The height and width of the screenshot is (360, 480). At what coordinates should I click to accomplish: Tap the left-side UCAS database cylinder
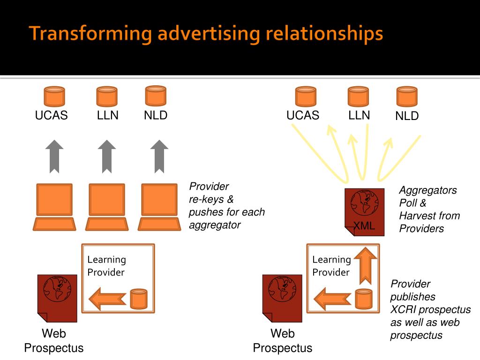[x=54, y=96]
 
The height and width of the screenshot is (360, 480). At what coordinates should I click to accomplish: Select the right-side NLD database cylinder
[x=407, y=96]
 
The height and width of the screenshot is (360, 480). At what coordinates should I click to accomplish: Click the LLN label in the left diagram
[x=107, y=115]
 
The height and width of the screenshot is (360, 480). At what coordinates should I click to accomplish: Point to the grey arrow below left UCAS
[x=54, y=157]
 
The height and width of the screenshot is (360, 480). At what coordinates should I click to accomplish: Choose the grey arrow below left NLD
[x=159, y=157]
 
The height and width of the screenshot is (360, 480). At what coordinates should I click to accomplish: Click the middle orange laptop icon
[x=107, y=207]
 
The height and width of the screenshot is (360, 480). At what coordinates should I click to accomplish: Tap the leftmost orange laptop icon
[x=54, y=207]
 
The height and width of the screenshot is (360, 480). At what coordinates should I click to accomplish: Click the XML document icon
[x=364, y=212]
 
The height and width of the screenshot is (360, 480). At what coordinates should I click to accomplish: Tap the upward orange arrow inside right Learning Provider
[x=365, y=265]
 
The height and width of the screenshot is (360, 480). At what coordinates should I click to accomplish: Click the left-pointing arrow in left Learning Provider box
[x=107, y=299]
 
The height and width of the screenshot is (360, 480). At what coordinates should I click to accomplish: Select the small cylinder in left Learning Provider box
[x=139, y=299]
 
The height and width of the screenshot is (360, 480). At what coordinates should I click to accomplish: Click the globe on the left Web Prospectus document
[x=57, y=289]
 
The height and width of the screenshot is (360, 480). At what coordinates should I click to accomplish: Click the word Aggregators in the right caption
[x=428, y=191]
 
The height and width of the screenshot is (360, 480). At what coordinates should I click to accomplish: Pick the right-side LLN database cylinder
[x=359, y=96]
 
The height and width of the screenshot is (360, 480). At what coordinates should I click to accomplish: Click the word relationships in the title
[x=324, y=34]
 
